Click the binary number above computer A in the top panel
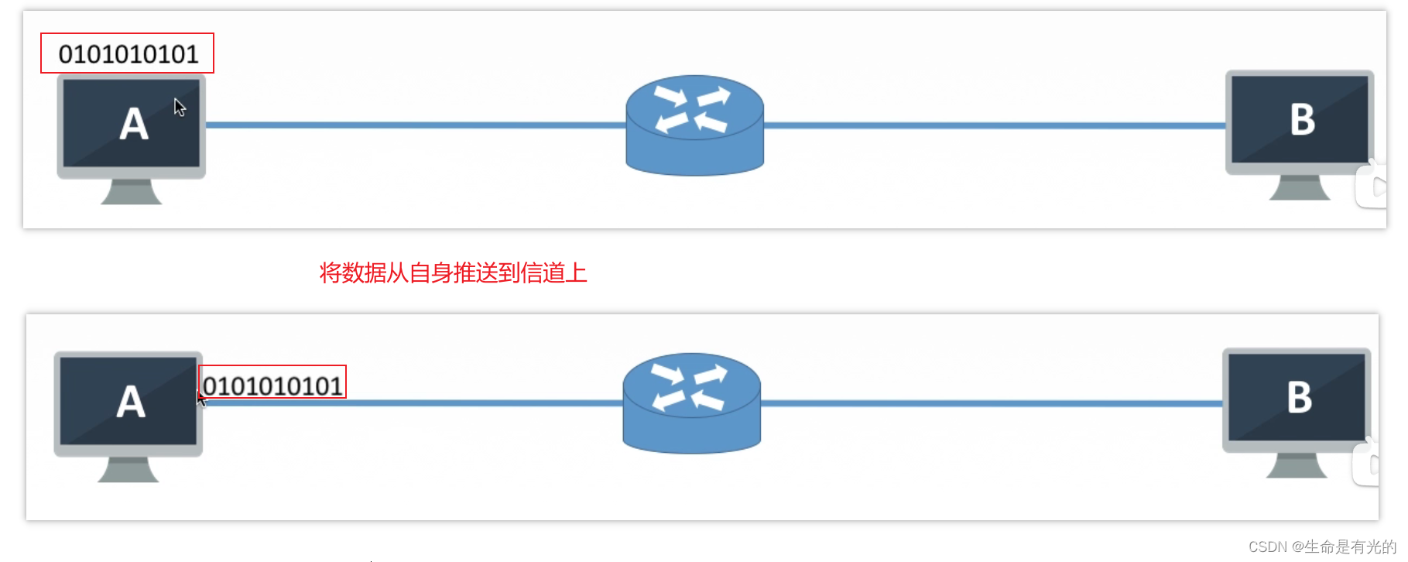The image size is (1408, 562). [128, 54]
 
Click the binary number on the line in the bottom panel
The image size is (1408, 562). [272, 385]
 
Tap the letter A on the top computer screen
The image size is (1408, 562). [133, 125]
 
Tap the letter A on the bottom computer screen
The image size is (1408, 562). [131, 403]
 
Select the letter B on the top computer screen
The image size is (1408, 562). [1302, 120]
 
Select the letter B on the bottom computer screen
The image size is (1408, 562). [1299, 398]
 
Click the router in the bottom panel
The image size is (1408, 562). [691, 403]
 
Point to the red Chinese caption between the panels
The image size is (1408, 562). [453, 273]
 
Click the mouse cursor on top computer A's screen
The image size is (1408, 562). [180, 108]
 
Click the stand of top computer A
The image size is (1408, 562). [131, 191]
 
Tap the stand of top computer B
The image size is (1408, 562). [1300, 187]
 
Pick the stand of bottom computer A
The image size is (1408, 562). [128, 469]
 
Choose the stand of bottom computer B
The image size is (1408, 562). [1297, 465]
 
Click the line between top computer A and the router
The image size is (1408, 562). [415, 125]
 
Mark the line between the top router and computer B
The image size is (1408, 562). [994, 125]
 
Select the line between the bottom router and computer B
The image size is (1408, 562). [991, 403]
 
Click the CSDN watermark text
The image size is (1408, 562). [1321, 547]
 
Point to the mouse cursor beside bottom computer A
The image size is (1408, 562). [201, 399]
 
